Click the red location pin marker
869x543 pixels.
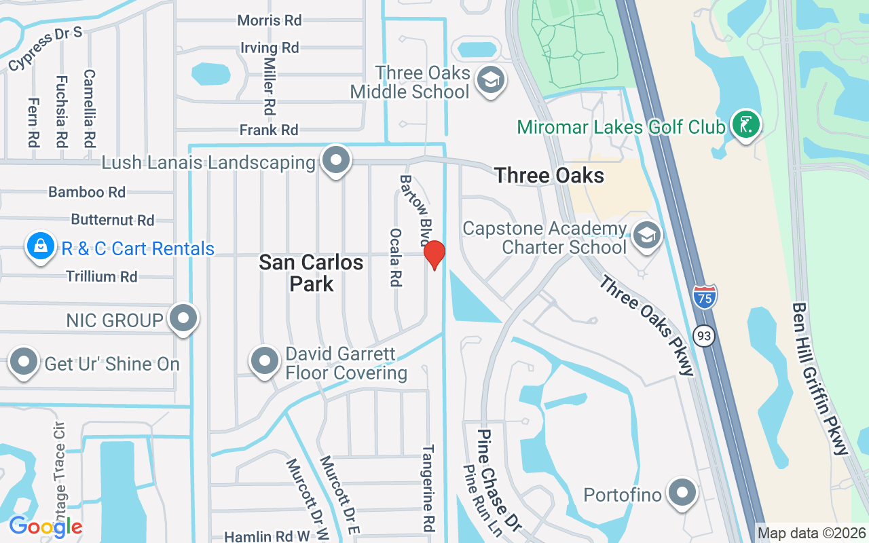pos(434,255)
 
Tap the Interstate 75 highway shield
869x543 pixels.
pos(705,297)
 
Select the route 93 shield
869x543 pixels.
pos(705,335)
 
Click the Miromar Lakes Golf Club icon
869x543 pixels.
pos(746,125)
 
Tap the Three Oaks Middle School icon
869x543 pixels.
pos(489,79)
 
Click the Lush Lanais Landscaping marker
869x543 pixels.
pos(335,161)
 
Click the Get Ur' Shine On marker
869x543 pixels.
pos(24,362)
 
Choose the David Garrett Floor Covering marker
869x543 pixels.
pos(265,362)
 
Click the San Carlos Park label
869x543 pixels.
pos(311,272)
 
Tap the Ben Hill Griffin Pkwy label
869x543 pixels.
pos(820,378)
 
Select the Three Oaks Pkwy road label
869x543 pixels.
pos(647,325)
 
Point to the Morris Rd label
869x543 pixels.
pos(270,20)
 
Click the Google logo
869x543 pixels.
pos(45,527)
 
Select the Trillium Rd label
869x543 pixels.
pos(102,276)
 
